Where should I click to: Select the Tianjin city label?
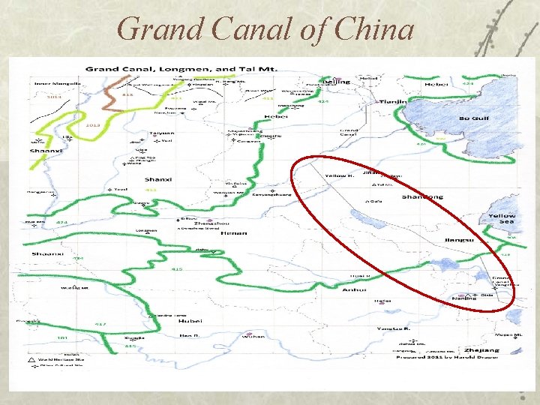tap(391, 101)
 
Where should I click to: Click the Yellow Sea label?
tap(502, 219)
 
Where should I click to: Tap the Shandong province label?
tap(422, 197)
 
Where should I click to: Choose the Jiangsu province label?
tap(458, 240)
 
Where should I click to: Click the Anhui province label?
tap(353, 289)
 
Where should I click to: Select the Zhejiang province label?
tap(481, 350)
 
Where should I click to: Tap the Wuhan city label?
tap(253, 337)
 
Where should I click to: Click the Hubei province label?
tap(191, 321)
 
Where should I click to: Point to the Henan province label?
tap(229, 233)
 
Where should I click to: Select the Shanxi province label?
tap(157, 180)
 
